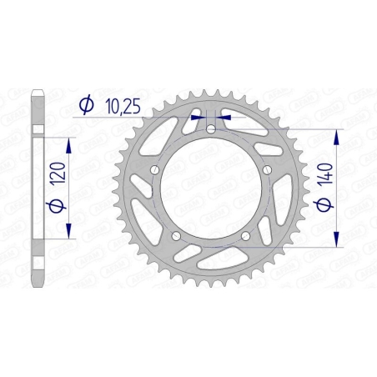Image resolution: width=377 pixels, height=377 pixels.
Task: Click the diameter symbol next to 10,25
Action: click(x=85, y=104)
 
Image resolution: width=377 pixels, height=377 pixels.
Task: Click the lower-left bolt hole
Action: click(x=176, y=236)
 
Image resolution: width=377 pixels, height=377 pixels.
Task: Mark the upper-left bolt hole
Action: click(x=155, y=170)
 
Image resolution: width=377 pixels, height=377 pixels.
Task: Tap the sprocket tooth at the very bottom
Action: click(x=211, y=289)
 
